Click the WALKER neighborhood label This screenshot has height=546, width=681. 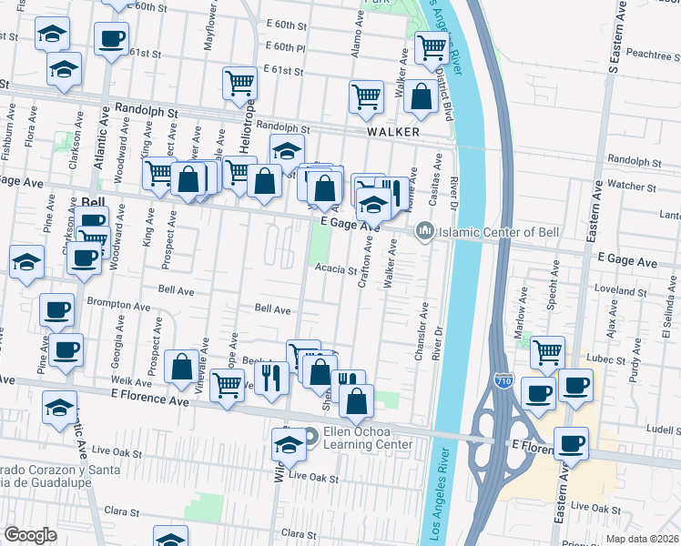coord(392,132)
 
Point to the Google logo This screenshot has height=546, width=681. coord(29,535)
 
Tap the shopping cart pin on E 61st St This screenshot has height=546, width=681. coord(239,83)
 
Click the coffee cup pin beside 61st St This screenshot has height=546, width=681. coord(112,39)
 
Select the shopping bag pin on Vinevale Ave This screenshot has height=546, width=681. coord(182,367)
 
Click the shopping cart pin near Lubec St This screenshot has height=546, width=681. coord(546,351)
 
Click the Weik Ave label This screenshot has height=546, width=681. coord(124,379)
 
